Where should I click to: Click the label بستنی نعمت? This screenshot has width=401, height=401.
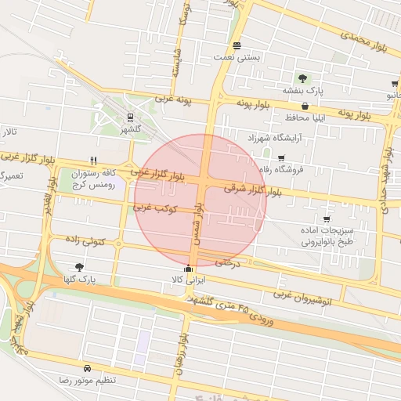[236, 58]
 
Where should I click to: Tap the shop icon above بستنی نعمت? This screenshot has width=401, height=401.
[237, 45]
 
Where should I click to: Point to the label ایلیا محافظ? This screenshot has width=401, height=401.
[273, 117]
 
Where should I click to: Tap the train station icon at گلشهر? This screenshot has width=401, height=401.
[130, 117]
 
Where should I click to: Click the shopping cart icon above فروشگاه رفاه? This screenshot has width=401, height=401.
[281, 157]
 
